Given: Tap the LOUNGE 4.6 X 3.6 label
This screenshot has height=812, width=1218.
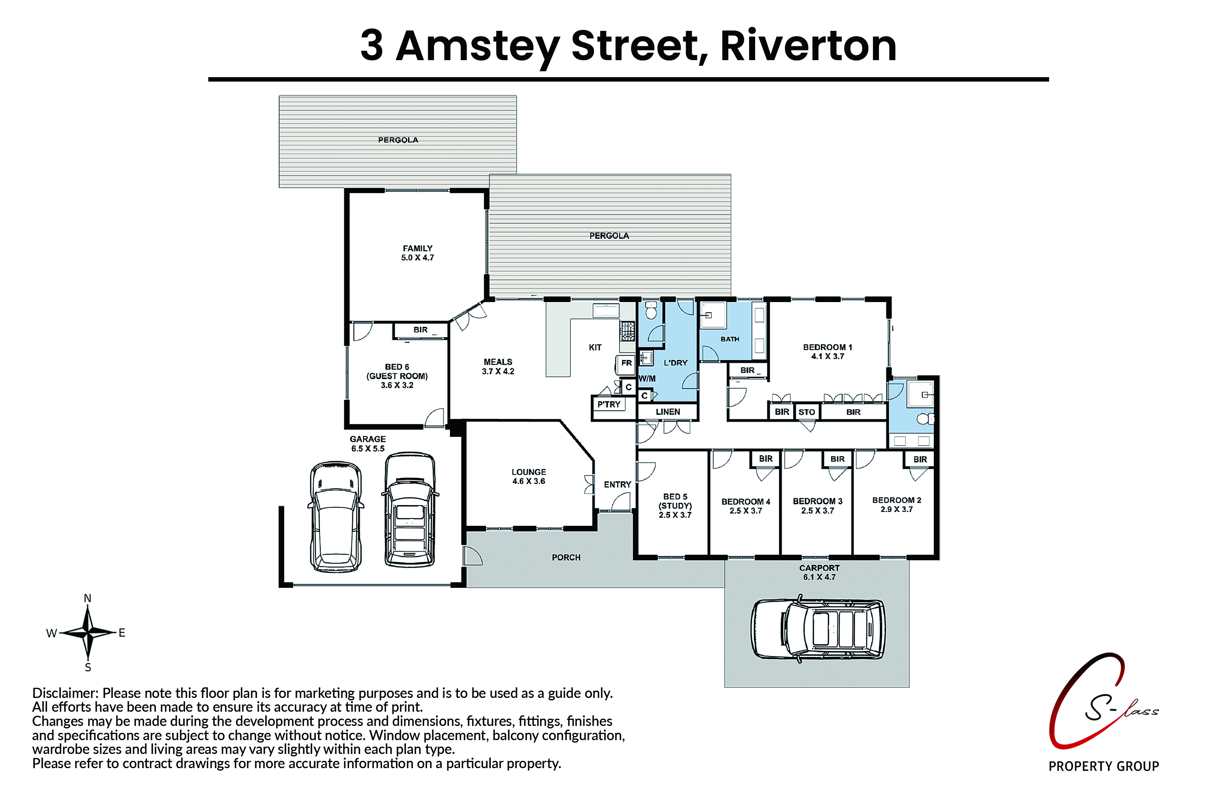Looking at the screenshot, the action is (x=529, y=476).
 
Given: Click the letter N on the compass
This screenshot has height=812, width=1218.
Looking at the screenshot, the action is (x=88, y=598).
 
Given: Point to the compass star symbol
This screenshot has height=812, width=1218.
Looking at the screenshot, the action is (x=89, y=632).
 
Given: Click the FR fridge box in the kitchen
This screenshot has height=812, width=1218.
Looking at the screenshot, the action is (x=626, y=363).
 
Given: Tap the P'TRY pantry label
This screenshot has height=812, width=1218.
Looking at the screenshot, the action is (x=609, y=404).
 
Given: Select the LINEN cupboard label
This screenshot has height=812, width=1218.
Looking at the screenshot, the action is (x=667, y=412).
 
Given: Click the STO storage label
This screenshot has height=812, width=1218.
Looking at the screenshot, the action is (x=806, y=412).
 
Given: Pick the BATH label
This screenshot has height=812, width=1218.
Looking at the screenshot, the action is (x=730, y=339).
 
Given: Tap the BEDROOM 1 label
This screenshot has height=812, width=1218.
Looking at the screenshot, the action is (x=827, y=352).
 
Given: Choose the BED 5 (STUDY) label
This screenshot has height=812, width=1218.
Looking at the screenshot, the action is (x=675, y=505).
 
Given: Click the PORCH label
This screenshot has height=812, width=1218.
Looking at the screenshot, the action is (x=566, y=558).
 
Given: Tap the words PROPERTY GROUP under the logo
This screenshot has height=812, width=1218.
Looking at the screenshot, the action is (x=1104, y=767).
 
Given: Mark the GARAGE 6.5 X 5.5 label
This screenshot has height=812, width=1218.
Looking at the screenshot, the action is (x=368, y=444).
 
